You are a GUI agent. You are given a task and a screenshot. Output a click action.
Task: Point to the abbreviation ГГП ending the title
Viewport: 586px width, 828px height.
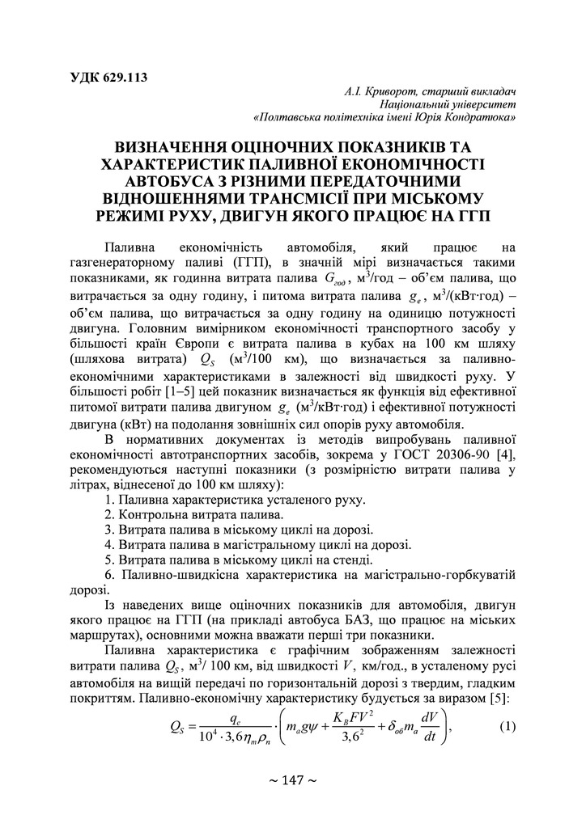(x=472, y=215)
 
